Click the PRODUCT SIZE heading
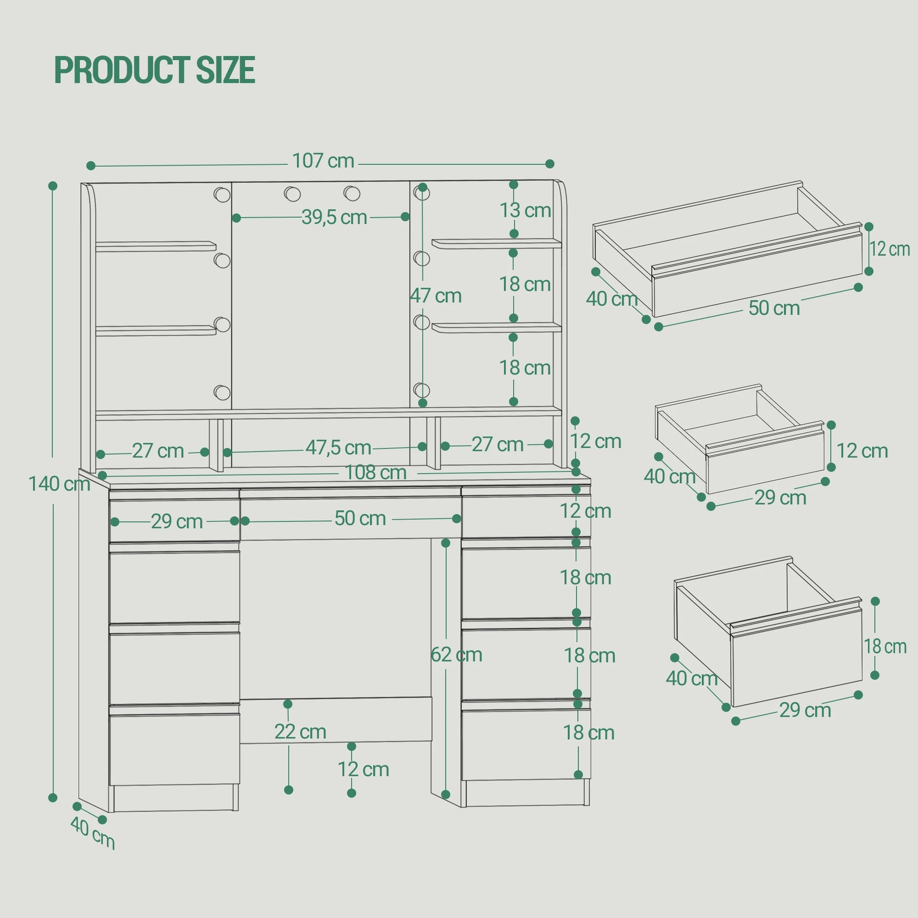coord(155,70)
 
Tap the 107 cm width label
coord(323,161)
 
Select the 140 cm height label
coord(59,484)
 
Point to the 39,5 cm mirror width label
coord(334,217)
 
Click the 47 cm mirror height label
coord(436,296)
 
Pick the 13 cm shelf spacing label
coord(525,210)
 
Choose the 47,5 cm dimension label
coord(338,448)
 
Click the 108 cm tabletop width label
coord(376,472)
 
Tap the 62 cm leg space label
coord(456,655)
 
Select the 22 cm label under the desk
coord(300,732)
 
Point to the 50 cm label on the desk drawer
coord(360,518)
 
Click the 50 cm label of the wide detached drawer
coord(774,308)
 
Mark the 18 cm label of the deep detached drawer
coord(885,647)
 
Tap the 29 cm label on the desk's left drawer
coord(177,522)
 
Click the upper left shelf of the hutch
coord(156,246)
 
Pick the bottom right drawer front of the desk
coord(526,745)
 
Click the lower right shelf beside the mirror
coord(497,327)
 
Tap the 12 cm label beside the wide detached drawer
coord(890,249)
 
